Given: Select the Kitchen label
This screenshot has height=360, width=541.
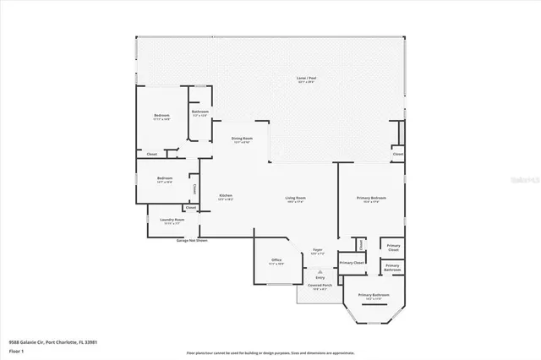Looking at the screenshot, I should pyautogui.click(x=226, y=197).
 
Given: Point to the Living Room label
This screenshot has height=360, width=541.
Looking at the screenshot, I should pyautogui.click(x=295, y=199).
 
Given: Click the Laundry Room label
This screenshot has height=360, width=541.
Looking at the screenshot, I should pyautogui.click(x=172, y=221).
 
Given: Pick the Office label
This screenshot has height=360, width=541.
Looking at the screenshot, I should pyautogui.click(x=276, y=261).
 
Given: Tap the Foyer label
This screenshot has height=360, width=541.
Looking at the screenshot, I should pyautogui.click(x=318, y=251).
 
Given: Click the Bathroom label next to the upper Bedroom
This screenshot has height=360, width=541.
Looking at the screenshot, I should pyautogui.click(x=200, y=113).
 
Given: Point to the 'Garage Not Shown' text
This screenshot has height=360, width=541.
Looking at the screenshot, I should pyautogui.click(x=192, y=241).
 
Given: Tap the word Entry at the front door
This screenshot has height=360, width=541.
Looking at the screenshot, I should pyautogui.click(x=320, y=277).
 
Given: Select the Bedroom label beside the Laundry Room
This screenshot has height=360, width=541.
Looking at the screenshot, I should pyautogui.click(x=165, y=180).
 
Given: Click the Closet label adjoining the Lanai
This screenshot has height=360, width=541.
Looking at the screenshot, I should pyautogui.click(x=397, y=155).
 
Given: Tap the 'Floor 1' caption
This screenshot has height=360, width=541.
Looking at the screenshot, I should pyautogui.click(x=16, y=350).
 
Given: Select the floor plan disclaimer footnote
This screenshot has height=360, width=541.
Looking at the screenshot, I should pyautogui.click(x=270, y=352).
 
